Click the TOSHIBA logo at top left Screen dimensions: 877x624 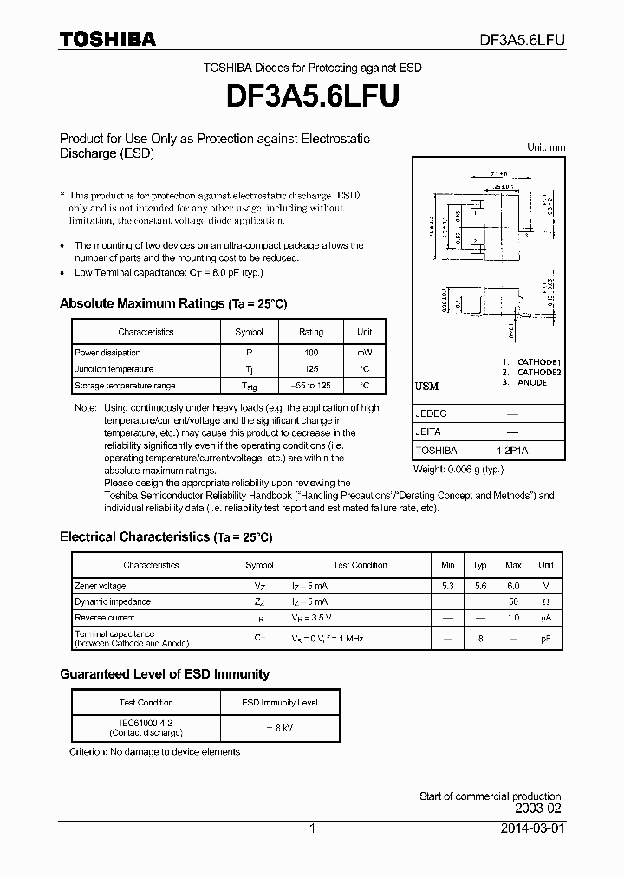coord(107,39)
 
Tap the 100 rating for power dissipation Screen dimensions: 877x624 coord(311,353)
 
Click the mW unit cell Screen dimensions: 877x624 coord(365,353)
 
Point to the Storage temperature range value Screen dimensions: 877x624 coord(311,386)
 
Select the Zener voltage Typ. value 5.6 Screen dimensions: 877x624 coord(481,586)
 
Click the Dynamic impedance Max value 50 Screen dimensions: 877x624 coord(514,601)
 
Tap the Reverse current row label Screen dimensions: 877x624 coord(105,618)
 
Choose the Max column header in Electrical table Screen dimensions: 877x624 coord(514,565)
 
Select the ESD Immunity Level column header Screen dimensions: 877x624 coord(279,703)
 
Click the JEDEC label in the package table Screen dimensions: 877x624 coord(432,414)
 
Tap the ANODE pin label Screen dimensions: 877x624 coord(532,382)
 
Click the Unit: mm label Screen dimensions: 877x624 coord(546,147)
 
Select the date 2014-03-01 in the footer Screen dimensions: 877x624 coord(533,828)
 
